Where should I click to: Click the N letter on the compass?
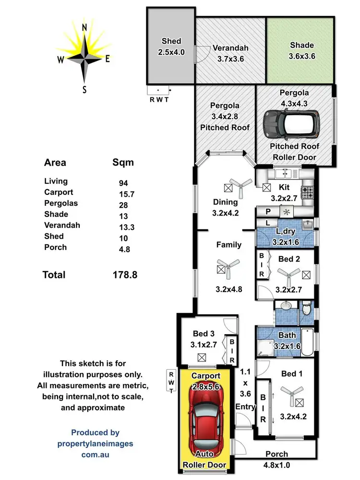84,28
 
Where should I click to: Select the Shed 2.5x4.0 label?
171,46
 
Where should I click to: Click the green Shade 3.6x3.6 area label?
302,50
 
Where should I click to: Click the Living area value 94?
123,183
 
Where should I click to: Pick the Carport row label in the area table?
59,192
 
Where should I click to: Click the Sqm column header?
123,162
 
